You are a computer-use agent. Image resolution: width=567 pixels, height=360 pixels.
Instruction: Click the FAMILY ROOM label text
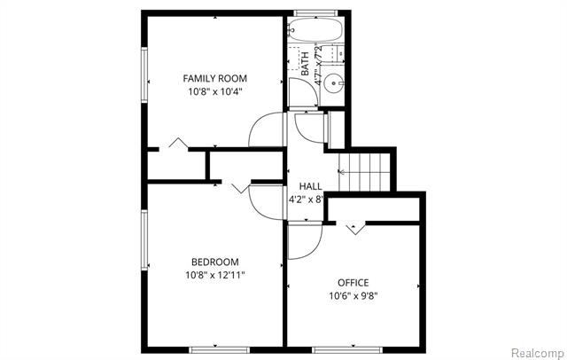[214, 78]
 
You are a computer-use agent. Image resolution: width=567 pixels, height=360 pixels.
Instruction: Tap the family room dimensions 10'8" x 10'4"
[214, 91]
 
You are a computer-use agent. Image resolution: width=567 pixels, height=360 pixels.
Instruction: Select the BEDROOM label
[214, 262]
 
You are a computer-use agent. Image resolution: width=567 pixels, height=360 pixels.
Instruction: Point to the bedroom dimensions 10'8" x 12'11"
[214, 275]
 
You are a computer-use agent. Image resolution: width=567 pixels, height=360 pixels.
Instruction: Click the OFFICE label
[353, 282]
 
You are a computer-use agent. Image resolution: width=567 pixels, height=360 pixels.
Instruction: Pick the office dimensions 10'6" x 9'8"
[353, 295]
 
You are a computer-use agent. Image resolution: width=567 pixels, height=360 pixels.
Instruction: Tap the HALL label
[310, 186]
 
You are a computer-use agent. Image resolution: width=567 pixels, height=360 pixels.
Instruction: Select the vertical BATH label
[305, 62]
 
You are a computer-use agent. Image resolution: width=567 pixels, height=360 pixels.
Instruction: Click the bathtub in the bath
[315, 29]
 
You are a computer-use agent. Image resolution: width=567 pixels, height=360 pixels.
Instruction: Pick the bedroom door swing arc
[266, 202]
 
